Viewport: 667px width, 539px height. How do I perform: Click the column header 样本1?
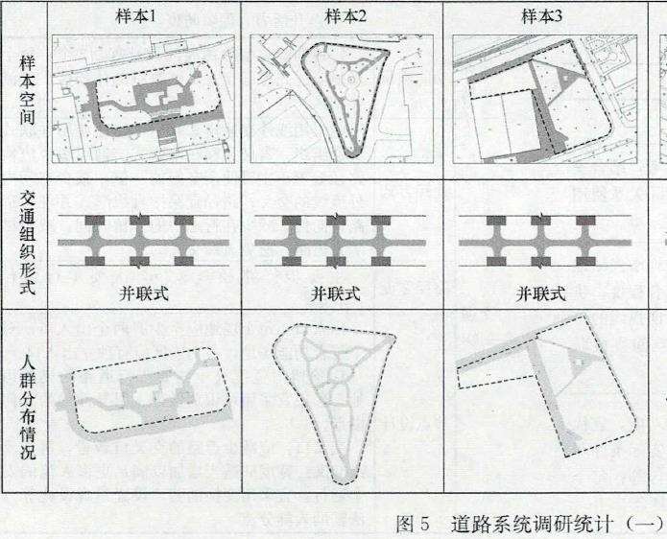[141, 16]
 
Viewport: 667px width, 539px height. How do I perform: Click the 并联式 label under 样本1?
[143, 293]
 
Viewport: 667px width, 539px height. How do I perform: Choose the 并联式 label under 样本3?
[542, 293]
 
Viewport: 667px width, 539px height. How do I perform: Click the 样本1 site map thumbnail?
[141, 99]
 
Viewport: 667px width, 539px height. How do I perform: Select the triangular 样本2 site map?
[342, 99]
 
